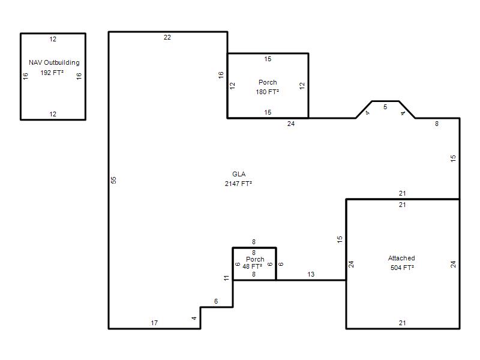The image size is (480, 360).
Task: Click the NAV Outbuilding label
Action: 54,62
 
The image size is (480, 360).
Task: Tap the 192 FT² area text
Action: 52,73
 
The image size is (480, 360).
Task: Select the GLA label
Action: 239,174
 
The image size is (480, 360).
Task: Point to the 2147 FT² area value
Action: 238,184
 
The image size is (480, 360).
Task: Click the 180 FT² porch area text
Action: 267,92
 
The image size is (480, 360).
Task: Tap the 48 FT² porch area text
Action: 252,266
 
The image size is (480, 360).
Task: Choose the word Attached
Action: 401,258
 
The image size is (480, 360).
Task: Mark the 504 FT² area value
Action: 402,268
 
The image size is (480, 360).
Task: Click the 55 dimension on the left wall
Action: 113,180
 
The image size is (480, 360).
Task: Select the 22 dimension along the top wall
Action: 167,37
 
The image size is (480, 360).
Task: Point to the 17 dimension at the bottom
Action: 154,323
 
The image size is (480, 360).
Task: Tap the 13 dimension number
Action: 311,274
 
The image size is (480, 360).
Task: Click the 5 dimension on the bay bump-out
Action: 385,107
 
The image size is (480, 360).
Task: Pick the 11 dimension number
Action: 226,278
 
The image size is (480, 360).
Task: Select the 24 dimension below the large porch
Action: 291,124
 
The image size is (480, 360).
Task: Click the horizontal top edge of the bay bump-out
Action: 385,101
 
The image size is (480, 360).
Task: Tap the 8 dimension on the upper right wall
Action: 437,124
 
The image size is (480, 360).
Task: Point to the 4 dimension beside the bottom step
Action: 194,319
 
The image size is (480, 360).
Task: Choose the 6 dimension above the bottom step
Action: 216,301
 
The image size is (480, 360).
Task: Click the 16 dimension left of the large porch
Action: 221,75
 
